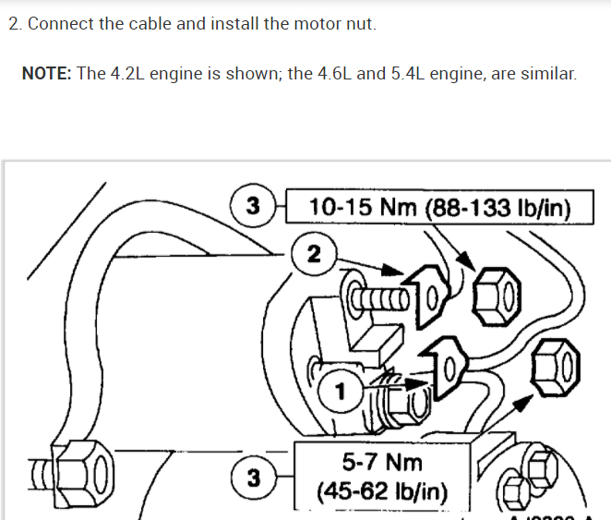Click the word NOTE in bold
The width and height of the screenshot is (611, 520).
[46, 74]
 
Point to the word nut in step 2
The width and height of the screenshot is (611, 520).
[363, 24]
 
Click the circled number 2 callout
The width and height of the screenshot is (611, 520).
[314, 256]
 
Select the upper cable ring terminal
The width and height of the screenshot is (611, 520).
[429, 294]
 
